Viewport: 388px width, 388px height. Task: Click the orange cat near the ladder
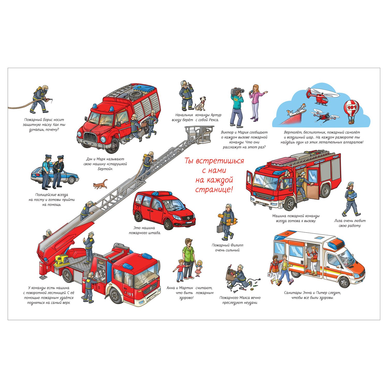point(100,184)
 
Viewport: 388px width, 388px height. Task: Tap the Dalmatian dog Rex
point(200,103)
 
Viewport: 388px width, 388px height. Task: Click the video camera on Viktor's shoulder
point(237,92)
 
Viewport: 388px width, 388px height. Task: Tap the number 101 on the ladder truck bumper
point(130,294)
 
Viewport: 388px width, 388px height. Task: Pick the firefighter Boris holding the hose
point(41,99)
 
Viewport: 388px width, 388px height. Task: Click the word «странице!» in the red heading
point(214,190)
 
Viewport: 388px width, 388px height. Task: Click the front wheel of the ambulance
point(345,282)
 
